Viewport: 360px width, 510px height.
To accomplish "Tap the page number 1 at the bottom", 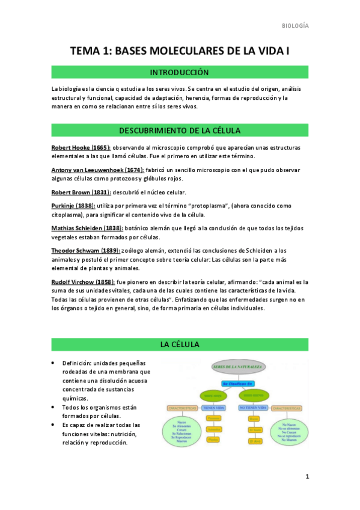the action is (307, 478).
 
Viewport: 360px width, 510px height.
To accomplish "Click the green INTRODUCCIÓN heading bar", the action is (180, 72).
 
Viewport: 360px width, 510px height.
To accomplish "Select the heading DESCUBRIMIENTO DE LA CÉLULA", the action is (180, 131).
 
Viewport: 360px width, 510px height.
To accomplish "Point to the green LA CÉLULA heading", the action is (180, 344).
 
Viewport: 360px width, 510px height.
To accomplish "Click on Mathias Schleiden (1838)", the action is (88, 229).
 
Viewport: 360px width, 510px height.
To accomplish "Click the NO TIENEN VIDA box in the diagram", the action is (254, 407).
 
